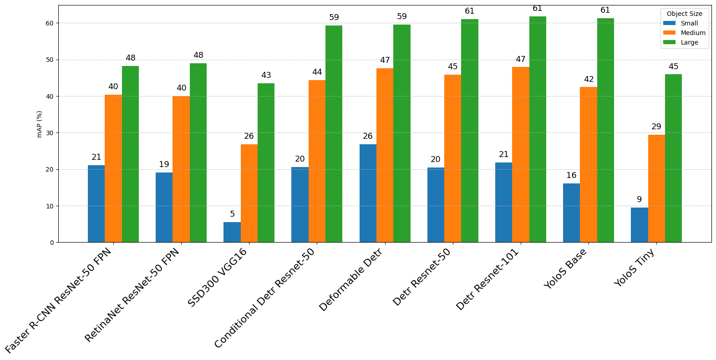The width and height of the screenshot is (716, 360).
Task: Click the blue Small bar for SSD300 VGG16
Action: click(x=232, y=232)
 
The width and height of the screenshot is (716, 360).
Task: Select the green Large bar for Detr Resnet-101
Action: click(x=538, y=130)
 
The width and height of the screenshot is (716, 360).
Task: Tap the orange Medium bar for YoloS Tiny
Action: click(x=656, y=188)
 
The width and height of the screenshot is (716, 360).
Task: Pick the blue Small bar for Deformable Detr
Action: click(x=368, y=193)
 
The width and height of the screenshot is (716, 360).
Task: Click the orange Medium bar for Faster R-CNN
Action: click(x=113, y=168)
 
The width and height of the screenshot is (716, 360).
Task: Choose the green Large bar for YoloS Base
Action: click(x=605, y=131)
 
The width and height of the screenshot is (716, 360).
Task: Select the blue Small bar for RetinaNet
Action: click(x=164, y=208)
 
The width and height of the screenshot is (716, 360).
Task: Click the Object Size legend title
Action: click(x=684, y=14)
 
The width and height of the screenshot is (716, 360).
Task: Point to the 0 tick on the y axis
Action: click(x=51, y=243)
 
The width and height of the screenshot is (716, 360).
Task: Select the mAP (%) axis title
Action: click(x=40, y=124)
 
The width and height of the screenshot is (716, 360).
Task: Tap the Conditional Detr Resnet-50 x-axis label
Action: click(x=265, y=299)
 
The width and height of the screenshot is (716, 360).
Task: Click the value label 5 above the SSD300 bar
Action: click(x=232, y=214)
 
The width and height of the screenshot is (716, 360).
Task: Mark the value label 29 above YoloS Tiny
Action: click(x=656, y=127)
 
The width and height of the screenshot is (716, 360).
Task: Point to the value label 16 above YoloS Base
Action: click(x=571, y=175)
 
